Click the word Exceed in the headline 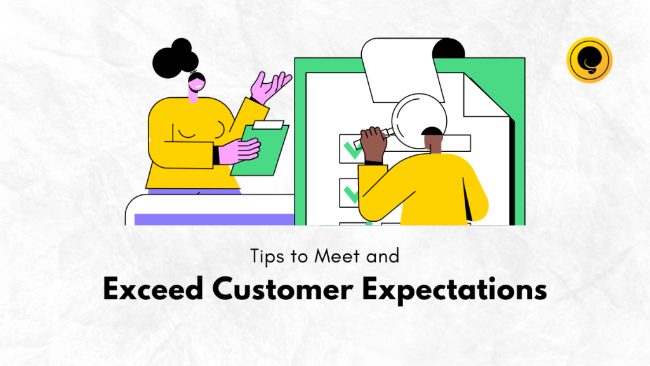[153, 289]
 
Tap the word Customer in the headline [282, 289]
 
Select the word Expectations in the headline [454, 290]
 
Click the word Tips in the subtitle [267, 257]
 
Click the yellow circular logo [590, 60]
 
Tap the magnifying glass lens [419, 121]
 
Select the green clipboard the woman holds [260, 149]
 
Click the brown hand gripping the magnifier [373, 144]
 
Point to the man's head [433, 139]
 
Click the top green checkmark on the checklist [352, 151]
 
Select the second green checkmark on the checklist [351, 194]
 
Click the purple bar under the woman [215, 219]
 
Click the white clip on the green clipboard [269, 125]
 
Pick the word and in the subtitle [383, 256]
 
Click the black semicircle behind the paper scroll [449, 48]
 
